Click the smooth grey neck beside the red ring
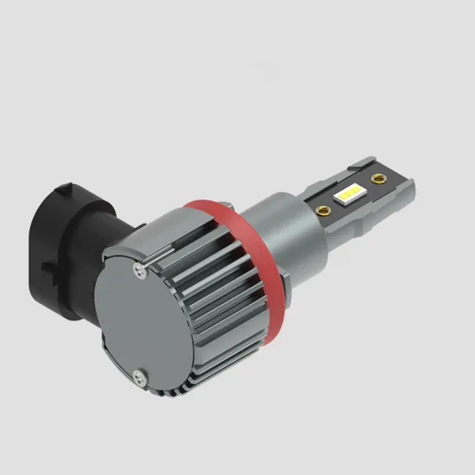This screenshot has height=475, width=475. point(289,229)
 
